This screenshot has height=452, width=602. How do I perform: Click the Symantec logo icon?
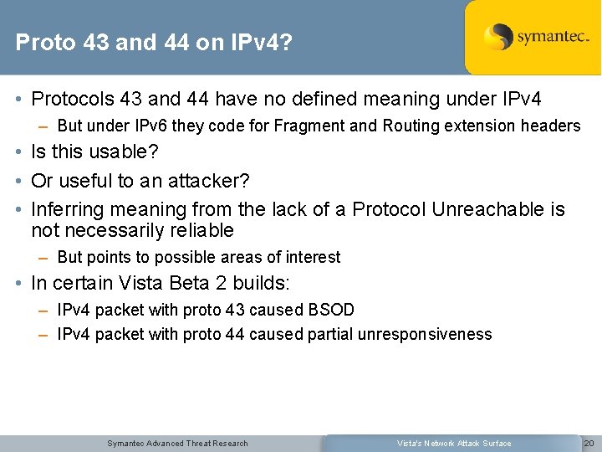[498, 37]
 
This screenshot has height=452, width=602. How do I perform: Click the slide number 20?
[588, 443]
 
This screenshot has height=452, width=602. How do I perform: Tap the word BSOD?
[331, 310]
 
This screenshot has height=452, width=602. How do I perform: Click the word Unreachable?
[487, 209]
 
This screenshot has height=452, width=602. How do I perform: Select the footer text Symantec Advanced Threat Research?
[177, 443]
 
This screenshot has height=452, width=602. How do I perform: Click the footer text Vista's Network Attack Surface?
[454, 443]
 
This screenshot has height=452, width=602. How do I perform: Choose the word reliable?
[201, 230]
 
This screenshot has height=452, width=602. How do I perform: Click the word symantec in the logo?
[553, 37]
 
